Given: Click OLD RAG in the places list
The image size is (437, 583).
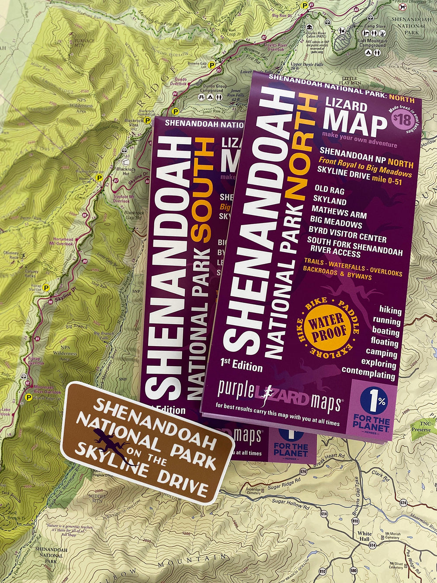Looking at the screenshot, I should click(x=329, y=191).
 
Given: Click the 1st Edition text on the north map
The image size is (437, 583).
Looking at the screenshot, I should click(x=241, y=365).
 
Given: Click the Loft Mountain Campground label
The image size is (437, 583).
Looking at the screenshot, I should click(x=372, y=42).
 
